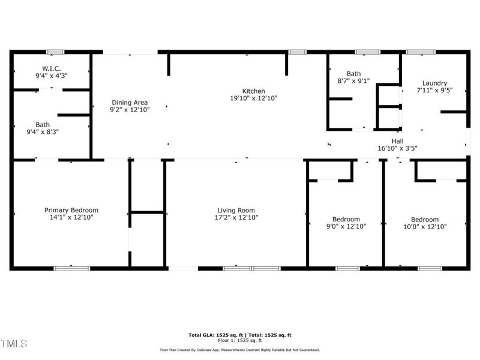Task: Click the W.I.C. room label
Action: pos(51,68)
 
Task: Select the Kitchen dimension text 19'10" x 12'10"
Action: pos(254,98)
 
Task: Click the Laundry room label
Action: pos(434,83)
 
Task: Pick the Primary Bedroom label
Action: pos(71,210)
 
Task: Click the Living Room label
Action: pos(236,210)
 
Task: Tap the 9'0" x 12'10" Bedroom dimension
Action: pos(346,226)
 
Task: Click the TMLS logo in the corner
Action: pos(14,344)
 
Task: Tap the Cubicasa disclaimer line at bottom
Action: pos(239,350)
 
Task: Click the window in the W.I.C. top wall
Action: pos(55,52)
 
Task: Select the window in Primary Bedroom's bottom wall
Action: pos(71,268)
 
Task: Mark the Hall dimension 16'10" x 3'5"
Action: pos(398,148)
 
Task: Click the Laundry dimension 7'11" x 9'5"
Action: pos(434,90)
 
